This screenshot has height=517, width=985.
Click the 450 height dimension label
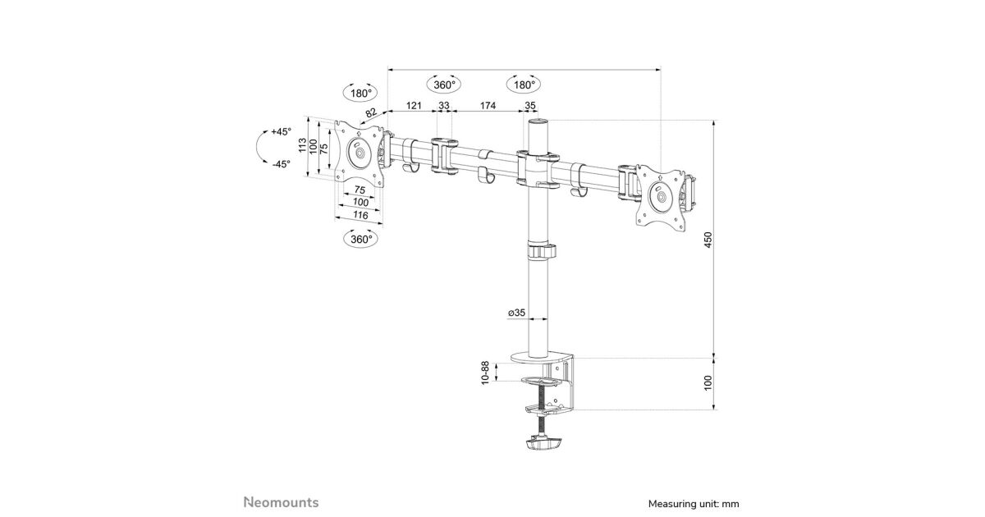click(708, 240)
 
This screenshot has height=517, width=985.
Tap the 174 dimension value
click(488, 106)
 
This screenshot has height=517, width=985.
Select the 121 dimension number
click(414, 106)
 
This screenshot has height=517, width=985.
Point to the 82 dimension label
click(371, 113)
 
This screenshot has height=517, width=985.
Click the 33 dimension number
click(444, 106)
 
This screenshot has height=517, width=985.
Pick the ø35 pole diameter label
click(516, 313)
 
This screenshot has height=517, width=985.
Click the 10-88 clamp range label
click(485, 373)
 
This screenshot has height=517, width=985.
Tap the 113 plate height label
click(303, 145)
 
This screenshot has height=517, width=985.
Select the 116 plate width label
click(360, 215)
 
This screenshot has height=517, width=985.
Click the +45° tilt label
click(282, 131)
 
